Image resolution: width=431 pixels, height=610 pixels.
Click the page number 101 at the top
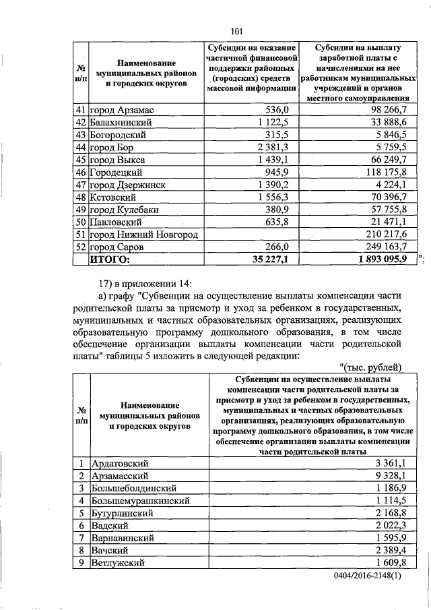tap(236, 29)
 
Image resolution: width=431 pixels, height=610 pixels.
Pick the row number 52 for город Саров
tap(81, 247)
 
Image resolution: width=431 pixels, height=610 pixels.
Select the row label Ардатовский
tap(121, 464)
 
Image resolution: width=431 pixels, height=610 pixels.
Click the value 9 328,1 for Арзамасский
tap(387, 476)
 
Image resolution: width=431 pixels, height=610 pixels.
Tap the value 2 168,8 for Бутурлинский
tap(387, 513)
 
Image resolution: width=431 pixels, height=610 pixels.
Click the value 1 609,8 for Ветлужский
tap(387, 563)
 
